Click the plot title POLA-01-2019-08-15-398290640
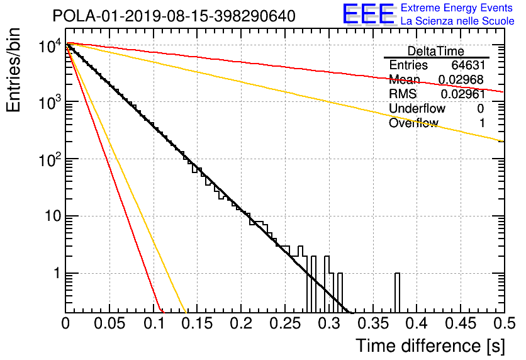174,16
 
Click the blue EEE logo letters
368,14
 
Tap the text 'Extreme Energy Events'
457,8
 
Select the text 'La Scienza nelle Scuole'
457,21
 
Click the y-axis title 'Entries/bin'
13,70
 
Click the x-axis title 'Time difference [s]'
430,346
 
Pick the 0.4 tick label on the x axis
417,323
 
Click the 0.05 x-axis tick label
109,323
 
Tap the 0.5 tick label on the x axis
505,323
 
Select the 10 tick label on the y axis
53,216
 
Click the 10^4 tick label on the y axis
50,45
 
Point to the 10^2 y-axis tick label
50,159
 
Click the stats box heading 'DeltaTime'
436,51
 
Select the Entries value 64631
468,65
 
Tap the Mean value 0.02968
461,79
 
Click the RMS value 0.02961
462,94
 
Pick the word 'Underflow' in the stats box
417,108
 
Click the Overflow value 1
482,123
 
